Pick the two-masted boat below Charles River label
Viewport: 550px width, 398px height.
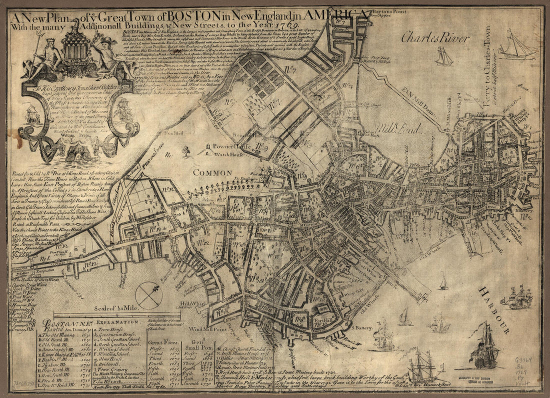[443, 56]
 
